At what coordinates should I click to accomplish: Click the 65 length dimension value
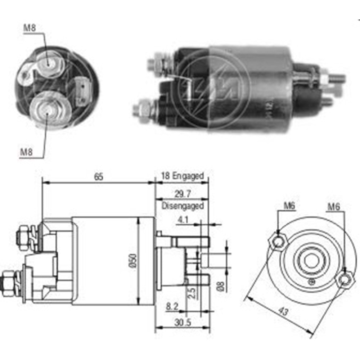99,177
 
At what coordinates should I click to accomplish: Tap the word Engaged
188,176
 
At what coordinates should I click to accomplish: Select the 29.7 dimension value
183,194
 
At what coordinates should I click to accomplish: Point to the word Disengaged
183,206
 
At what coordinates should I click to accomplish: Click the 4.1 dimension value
183,220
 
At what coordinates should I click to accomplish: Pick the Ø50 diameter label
134,261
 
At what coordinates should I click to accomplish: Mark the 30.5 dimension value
183,323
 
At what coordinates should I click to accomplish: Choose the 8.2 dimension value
172,306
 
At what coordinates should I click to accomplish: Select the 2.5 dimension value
192,293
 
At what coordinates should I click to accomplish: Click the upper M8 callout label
30,28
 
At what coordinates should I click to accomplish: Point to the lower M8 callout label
26,152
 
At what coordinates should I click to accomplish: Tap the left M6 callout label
289,206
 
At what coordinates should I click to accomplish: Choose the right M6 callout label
333,207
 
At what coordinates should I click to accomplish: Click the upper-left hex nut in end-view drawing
278,242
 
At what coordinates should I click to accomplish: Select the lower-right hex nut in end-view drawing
343,280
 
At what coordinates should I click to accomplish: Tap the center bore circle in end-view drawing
311,261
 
